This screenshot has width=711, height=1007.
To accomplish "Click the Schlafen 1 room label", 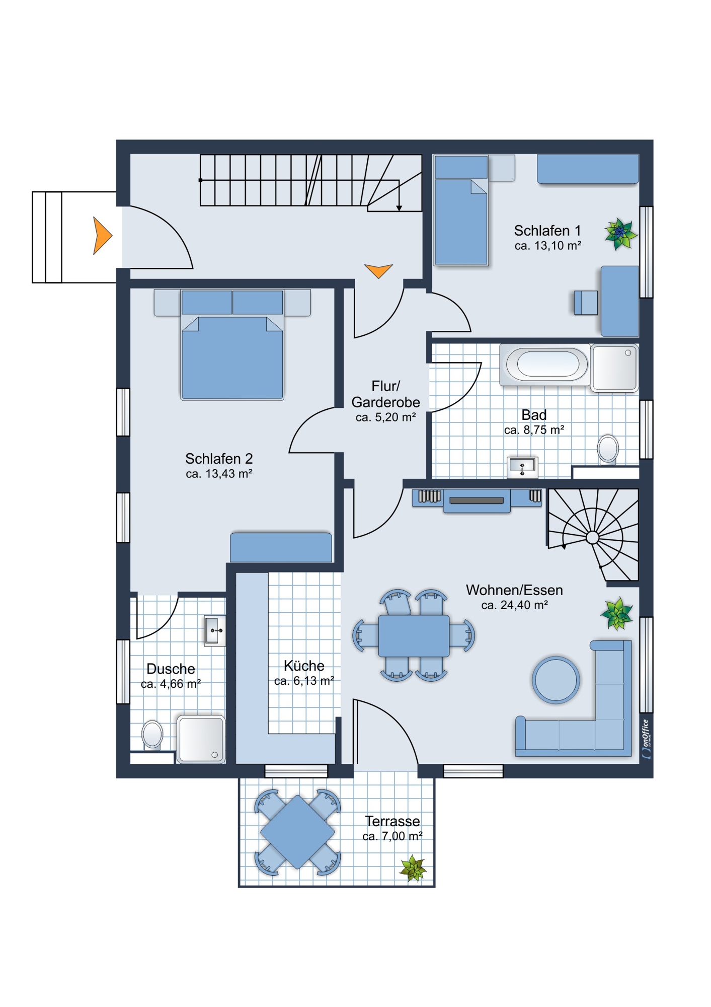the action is tap(547, 231).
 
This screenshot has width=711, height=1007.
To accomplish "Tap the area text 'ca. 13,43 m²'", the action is tap(219, 474).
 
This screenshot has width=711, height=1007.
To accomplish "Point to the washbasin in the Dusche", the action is tap(215, 630).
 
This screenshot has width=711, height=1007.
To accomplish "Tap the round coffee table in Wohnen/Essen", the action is tap(556, 680).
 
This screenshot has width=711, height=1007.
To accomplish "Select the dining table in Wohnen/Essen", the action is tap(414, 635).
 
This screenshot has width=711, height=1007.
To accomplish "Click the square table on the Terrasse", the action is tap(297, 832).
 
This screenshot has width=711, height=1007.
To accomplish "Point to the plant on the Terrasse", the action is tap(414, 869).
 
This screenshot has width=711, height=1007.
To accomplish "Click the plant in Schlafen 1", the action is tap(620, 234).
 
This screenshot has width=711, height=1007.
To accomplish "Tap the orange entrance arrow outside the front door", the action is tap(102, 235).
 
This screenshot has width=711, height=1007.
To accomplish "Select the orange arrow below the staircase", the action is tap(378, 270).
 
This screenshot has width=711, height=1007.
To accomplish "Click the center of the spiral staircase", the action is tap(593, 538).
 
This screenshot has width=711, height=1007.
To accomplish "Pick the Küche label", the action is tap(304, 666).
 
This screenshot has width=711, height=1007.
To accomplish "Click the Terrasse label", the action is tap(392, 821).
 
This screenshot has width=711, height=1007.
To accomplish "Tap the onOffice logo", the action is tap(646, 739).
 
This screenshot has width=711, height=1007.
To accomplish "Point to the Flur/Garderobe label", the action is tap(385, 394).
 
